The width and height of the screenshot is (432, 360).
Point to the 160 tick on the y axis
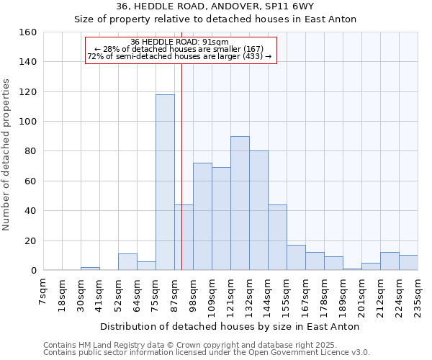28,32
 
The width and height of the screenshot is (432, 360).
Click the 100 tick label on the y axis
28,122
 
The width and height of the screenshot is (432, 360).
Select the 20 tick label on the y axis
31,240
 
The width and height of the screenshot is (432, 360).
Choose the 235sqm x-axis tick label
418,297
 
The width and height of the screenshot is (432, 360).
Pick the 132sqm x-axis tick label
249,297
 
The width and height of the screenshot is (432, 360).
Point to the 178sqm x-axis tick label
324,297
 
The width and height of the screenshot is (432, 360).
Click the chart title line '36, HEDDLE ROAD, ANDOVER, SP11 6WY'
215,6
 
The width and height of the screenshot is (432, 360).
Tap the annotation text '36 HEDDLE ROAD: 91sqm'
180,42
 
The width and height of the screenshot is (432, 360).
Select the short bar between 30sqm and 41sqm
90,269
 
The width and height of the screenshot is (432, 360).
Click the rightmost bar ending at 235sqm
408,263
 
